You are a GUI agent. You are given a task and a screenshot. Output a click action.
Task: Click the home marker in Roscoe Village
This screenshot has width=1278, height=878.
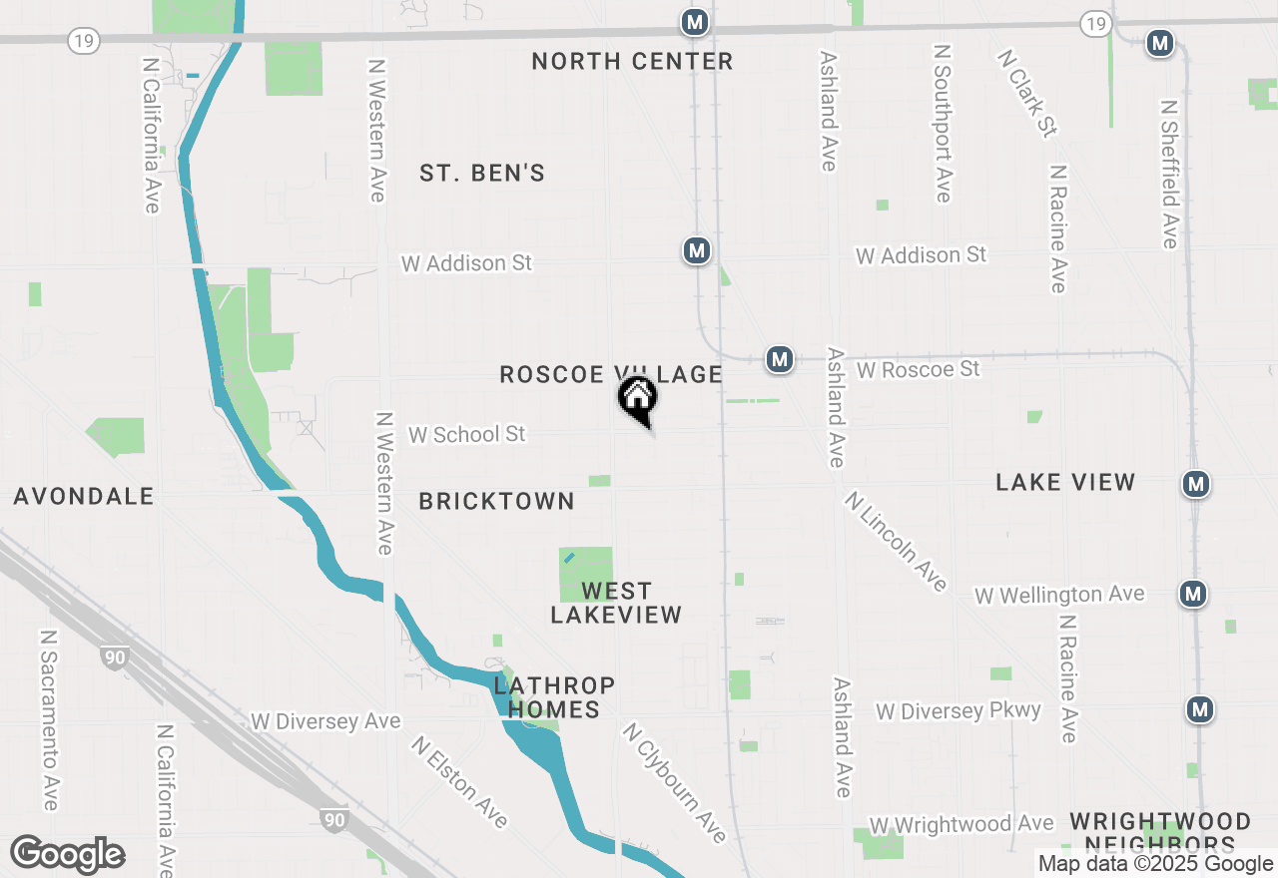click(x=638, y=399)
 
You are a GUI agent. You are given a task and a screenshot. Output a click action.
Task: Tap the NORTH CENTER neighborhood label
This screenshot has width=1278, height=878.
click(x=632, y=62)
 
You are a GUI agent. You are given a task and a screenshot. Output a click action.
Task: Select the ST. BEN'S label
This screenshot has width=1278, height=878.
click(x=482, y=174)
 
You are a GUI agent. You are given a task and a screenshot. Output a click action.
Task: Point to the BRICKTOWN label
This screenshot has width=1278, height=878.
click(x=496, y=502)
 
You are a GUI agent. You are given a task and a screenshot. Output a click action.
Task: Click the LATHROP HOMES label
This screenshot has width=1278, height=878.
click(x=553, y=697)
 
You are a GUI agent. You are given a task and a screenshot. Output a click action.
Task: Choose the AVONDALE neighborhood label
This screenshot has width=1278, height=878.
click(x=84, y=497)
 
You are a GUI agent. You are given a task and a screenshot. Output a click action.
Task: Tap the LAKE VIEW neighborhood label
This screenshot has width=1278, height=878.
click(x=1065, y=483)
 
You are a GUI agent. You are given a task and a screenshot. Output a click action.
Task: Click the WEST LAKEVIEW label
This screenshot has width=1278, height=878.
click(x=616, y=604)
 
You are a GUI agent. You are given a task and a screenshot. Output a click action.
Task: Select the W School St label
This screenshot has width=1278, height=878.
click(x=466, y=435)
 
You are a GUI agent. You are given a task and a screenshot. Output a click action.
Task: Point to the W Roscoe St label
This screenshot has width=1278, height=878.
click(x=918, y=370)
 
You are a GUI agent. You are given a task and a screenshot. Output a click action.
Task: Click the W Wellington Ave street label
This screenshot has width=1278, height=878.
click(x=1059, y=596)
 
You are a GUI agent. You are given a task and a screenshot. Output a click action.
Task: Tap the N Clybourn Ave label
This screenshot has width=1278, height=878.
click(x=674, y=783)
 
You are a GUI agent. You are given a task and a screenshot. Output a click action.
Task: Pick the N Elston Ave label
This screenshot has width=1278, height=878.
click(x=460, y=783)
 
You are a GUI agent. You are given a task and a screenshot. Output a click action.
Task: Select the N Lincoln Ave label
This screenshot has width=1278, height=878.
click(x=896, y=542)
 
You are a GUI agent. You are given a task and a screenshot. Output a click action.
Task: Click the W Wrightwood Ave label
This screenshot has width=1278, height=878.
click(x=961, y=825)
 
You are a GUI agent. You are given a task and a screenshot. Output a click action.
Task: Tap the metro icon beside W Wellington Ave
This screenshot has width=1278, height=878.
click(x=1192, y=594)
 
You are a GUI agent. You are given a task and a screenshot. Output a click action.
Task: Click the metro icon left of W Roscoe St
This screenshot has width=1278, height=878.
click(x=779, y=359)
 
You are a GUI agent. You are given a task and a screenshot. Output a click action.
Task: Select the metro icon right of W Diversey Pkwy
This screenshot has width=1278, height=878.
click(x=1200, y=709)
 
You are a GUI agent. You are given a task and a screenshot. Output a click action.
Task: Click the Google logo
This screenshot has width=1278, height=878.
click(x=67, y=855)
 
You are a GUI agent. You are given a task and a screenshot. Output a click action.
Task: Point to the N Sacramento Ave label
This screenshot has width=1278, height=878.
click(x=49, y=719)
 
